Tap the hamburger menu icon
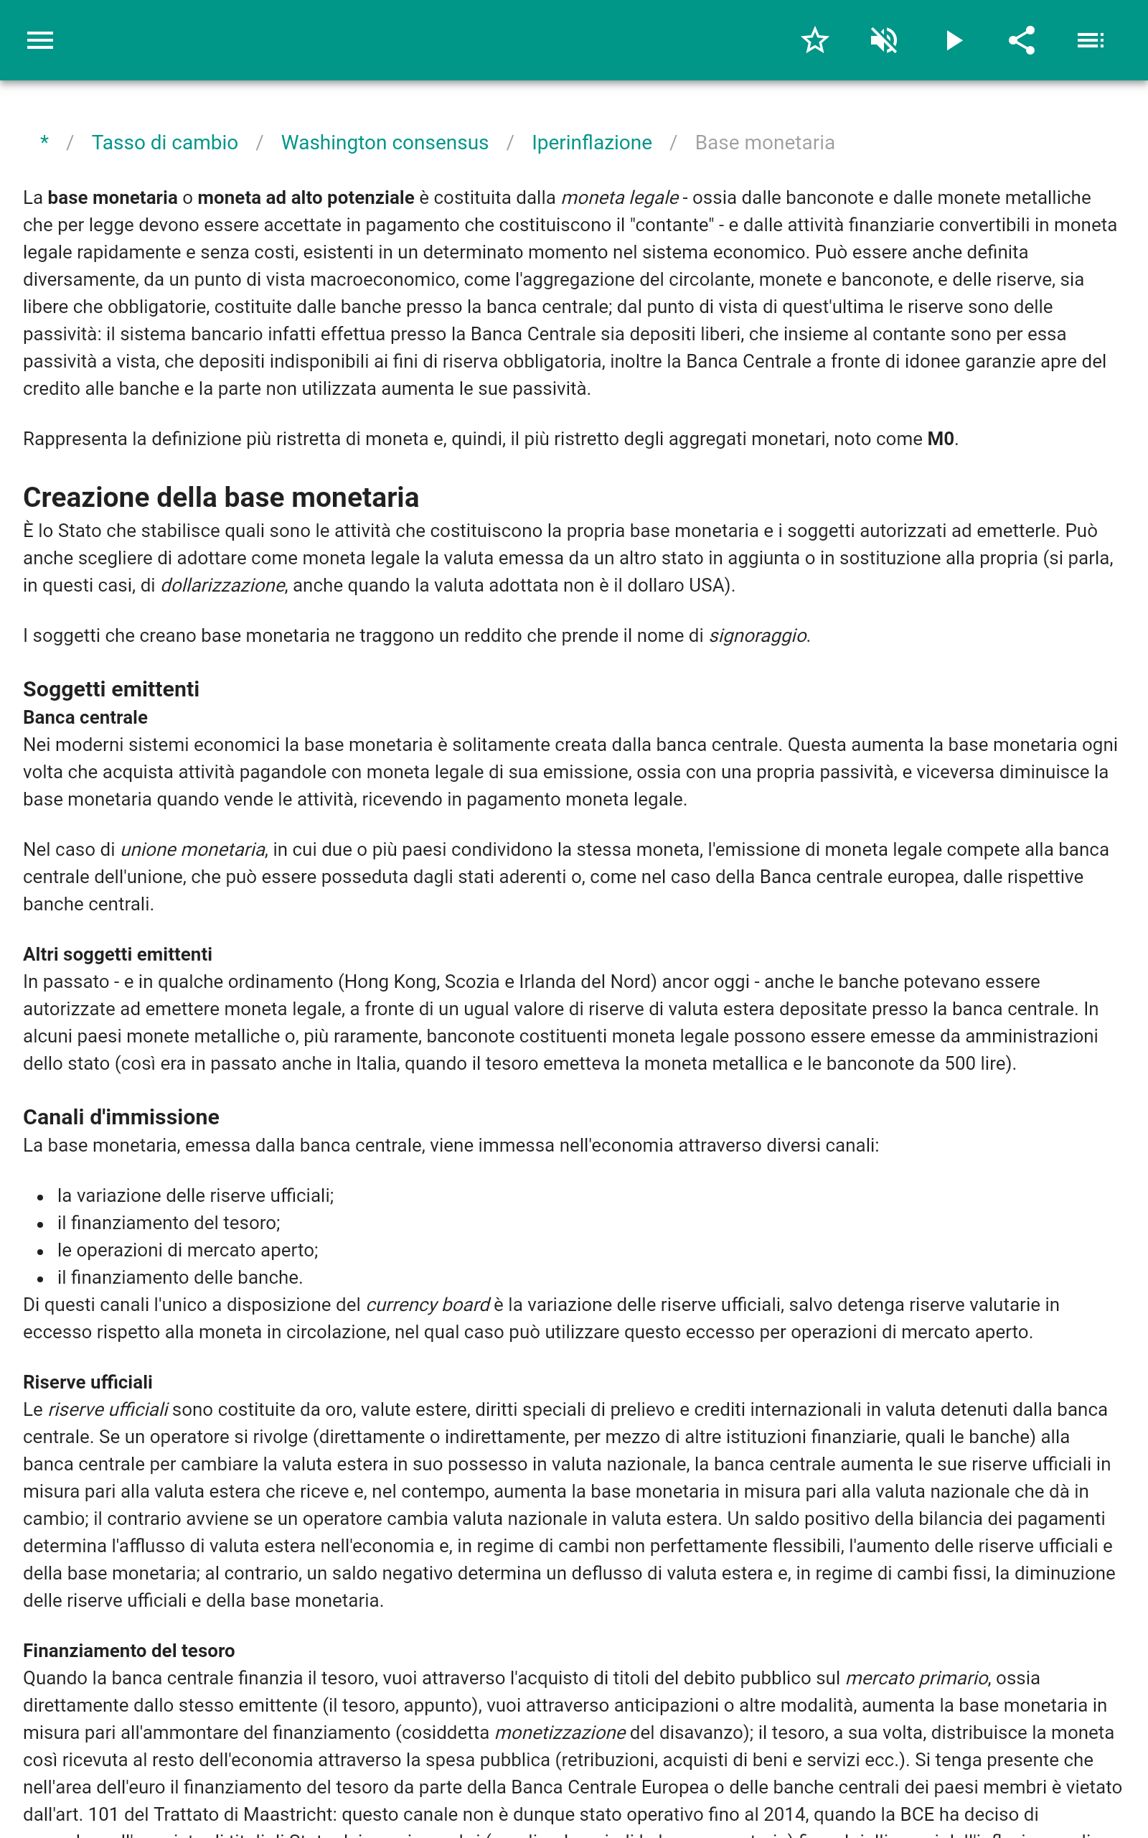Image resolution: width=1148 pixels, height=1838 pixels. tap(40, 40)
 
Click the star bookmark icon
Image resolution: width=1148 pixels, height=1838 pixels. tap(814, 40)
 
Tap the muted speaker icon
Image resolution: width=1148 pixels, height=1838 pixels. tap(884, 40)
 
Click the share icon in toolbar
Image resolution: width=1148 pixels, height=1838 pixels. tap(1021, 40)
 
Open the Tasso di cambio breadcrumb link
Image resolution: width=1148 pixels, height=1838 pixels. tap(165, 143)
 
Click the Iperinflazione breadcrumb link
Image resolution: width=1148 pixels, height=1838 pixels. tap(591, 143)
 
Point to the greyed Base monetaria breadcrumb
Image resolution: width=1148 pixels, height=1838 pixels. tap(765, 143)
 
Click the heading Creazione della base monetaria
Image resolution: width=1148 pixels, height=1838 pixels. tap(221, 498)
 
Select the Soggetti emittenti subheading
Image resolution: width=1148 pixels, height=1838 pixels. tap(110, 689)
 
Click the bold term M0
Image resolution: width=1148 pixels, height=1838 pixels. tap(940, 439)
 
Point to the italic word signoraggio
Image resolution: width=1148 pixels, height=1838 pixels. tap(757, 635)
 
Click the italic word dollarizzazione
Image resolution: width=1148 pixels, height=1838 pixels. tap(222, 586)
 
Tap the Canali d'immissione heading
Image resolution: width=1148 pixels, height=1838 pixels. tap(121, 1116)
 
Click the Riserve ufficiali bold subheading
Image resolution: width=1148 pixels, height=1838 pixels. tap(88, 1382)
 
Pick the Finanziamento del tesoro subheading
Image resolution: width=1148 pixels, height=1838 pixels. tap(128, 1651)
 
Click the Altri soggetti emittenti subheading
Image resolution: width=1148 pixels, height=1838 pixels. tap(117, 954)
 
